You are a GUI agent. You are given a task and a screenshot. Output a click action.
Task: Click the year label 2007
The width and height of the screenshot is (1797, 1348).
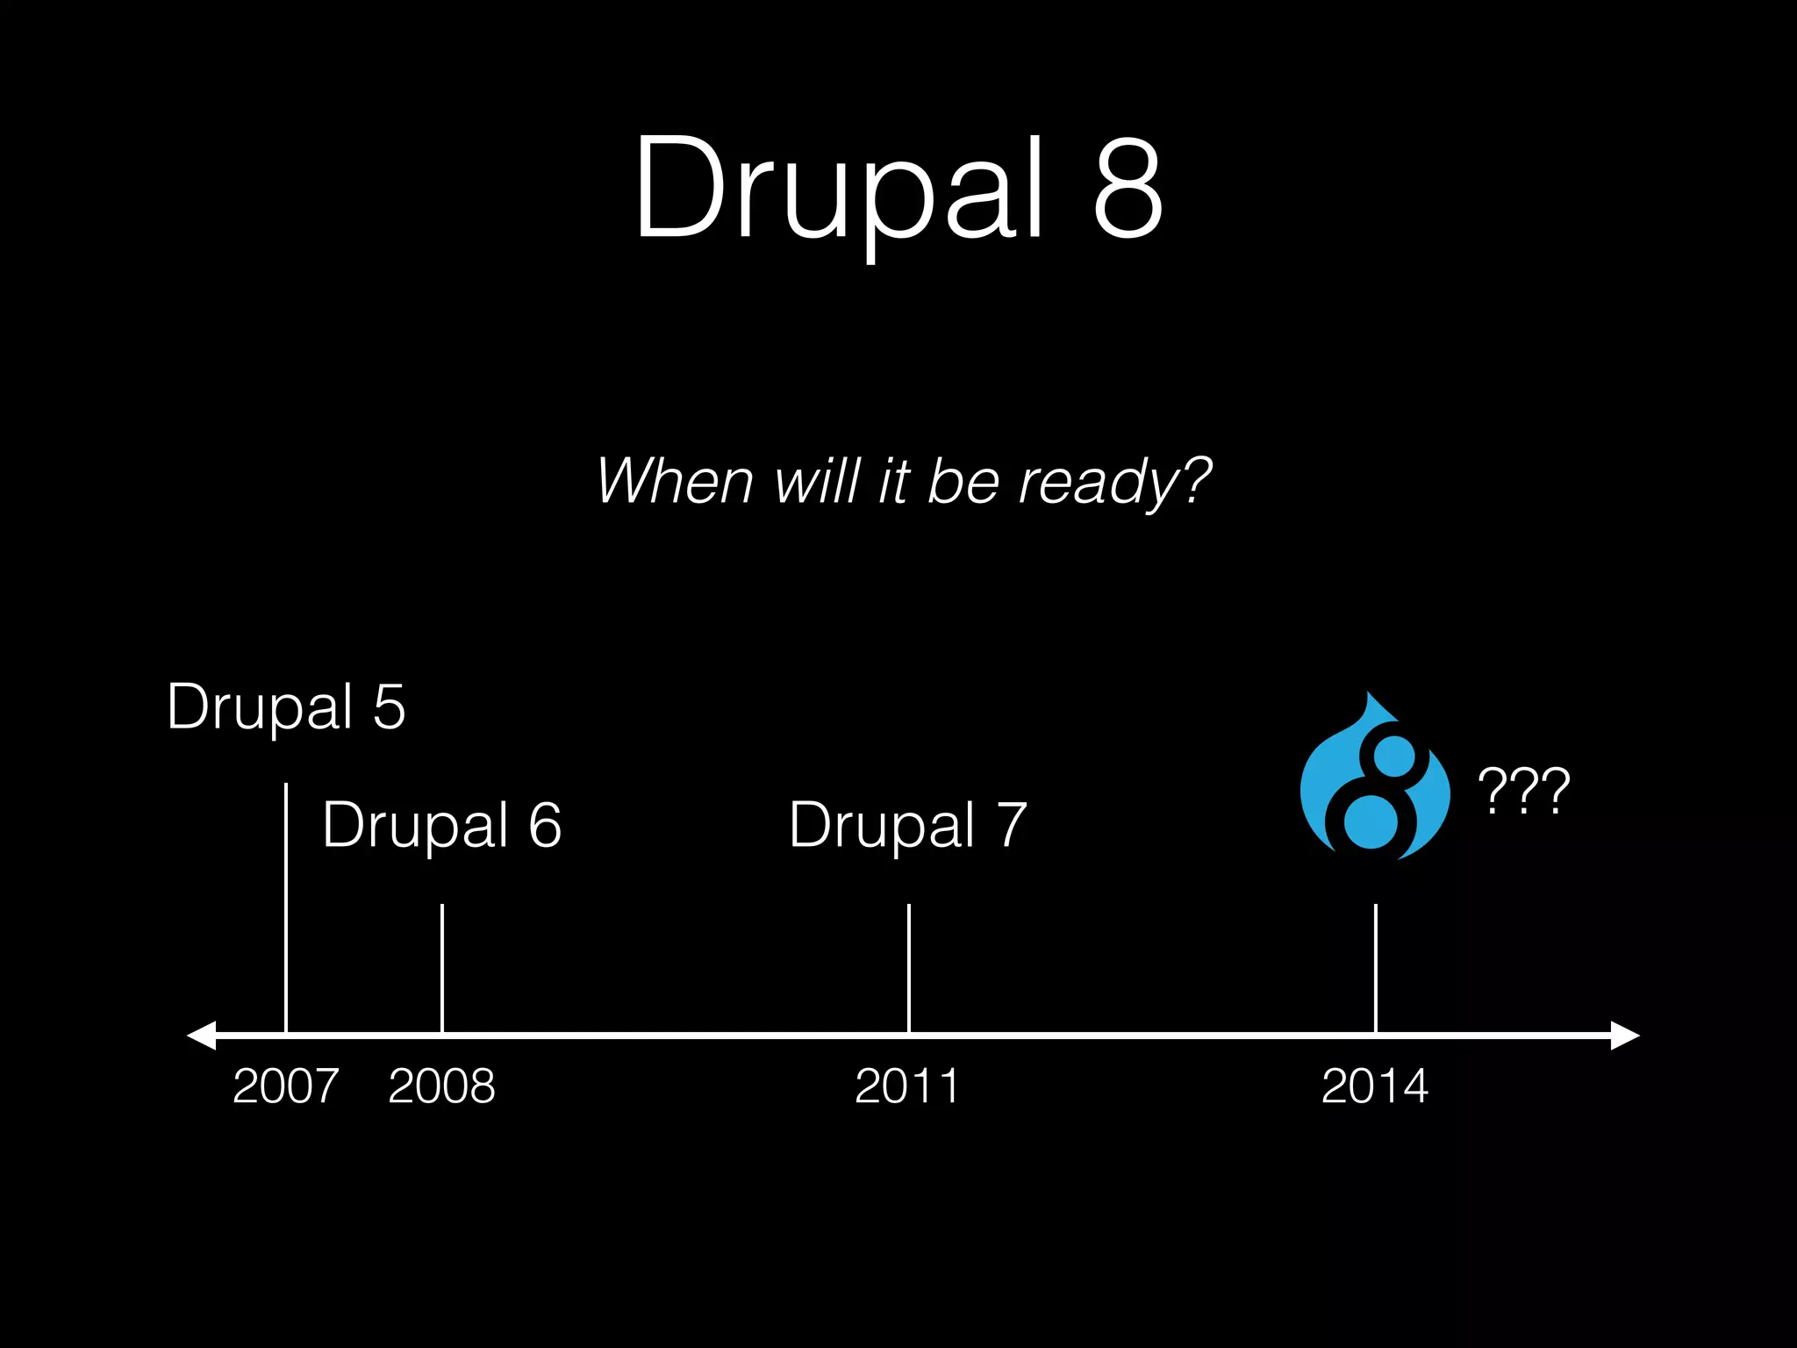point(286,1086)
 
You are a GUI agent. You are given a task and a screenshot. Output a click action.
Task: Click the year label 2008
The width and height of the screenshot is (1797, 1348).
point(441,1086)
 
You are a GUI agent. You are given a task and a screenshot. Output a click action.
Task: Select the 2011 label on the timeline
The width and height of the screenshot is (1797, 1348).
point(907,1086)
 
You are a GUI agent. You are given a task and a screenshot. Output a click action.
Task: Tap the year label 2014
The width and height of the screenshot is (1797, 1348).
point(1374,1086)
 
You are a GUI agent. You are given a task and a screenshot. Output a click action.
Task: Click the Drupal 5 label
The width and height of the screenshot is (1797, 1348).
point(286,706)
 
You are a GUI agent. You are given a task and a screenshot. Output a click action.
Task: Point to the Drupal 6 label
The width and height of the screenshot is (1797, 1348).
point(441,825)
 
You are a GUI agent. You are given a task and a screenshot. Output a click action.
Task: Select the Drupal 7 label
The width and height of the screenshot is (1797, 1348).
point(907,825)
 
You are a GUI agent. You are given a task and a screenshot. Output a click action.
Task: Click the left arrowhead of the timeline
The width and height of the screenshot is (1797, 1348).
point(202,1036)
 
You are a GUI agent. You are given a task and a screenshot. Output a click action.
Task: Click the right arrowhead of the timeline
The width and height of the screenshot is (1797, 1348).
point(1624,1036)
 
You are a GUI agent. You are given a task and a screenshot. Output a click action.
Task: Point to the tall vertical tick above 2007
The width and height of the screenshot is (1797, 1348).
point(286,904)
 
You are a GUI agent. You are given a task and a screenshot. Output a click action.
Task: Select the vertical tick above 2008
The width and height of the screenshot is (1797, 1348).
point(442,965)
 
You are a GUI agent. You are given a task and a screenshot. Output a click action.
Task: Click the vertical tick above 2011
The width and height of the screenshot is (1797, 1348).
point(909,965)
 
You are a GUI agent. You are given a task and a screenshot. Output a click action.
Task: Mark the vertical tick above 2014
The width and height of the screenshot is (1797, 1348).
point(1376,965)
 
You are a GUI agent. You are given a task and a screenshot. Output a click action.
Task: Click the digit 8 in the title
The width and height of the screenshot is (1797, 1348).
point(1128,189)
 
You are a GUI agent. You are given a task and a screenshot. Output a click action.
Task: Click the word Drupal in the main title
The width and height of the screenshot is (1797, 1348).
point(838,189)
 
